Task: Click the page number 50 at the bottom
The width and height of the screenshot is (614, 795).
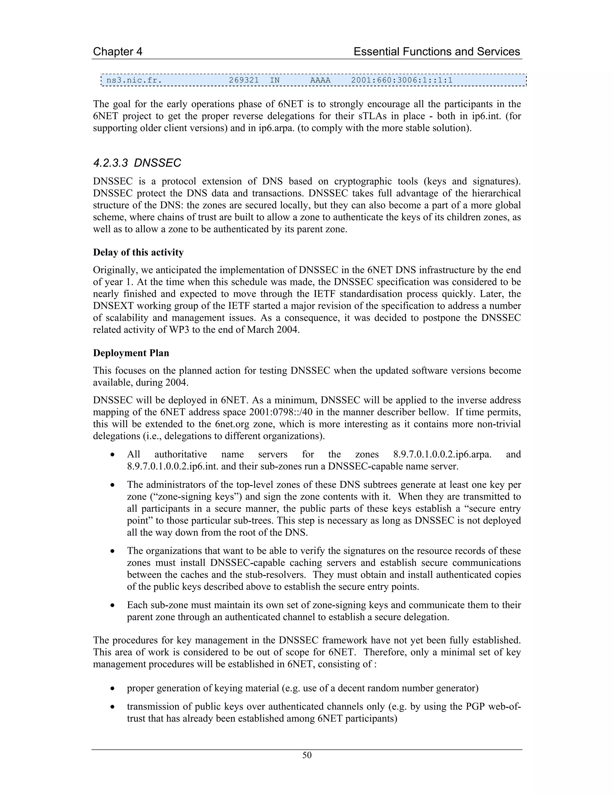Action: tap(307, 755)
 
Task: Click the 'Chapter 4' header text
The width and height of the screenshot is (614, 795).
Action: tap(118, 52)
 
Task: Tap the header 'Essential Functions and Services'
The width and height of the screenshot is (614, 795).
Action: tap(437, 52)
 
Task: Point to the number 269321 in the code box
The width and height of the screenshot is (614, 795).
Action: tap(244, 80)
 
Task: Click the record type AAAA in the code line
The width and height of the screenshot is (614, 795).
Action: tap(320, 80)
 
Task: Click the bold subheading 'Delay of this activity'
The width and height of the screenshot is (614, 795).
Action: tap(138, 252)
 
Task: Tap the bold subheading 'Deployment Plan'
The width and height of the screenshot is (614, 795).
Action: tap(131, 353)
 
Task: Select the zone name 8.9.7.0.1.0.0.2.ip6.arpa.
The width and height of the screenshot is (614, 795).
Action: tap(442, 454)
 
